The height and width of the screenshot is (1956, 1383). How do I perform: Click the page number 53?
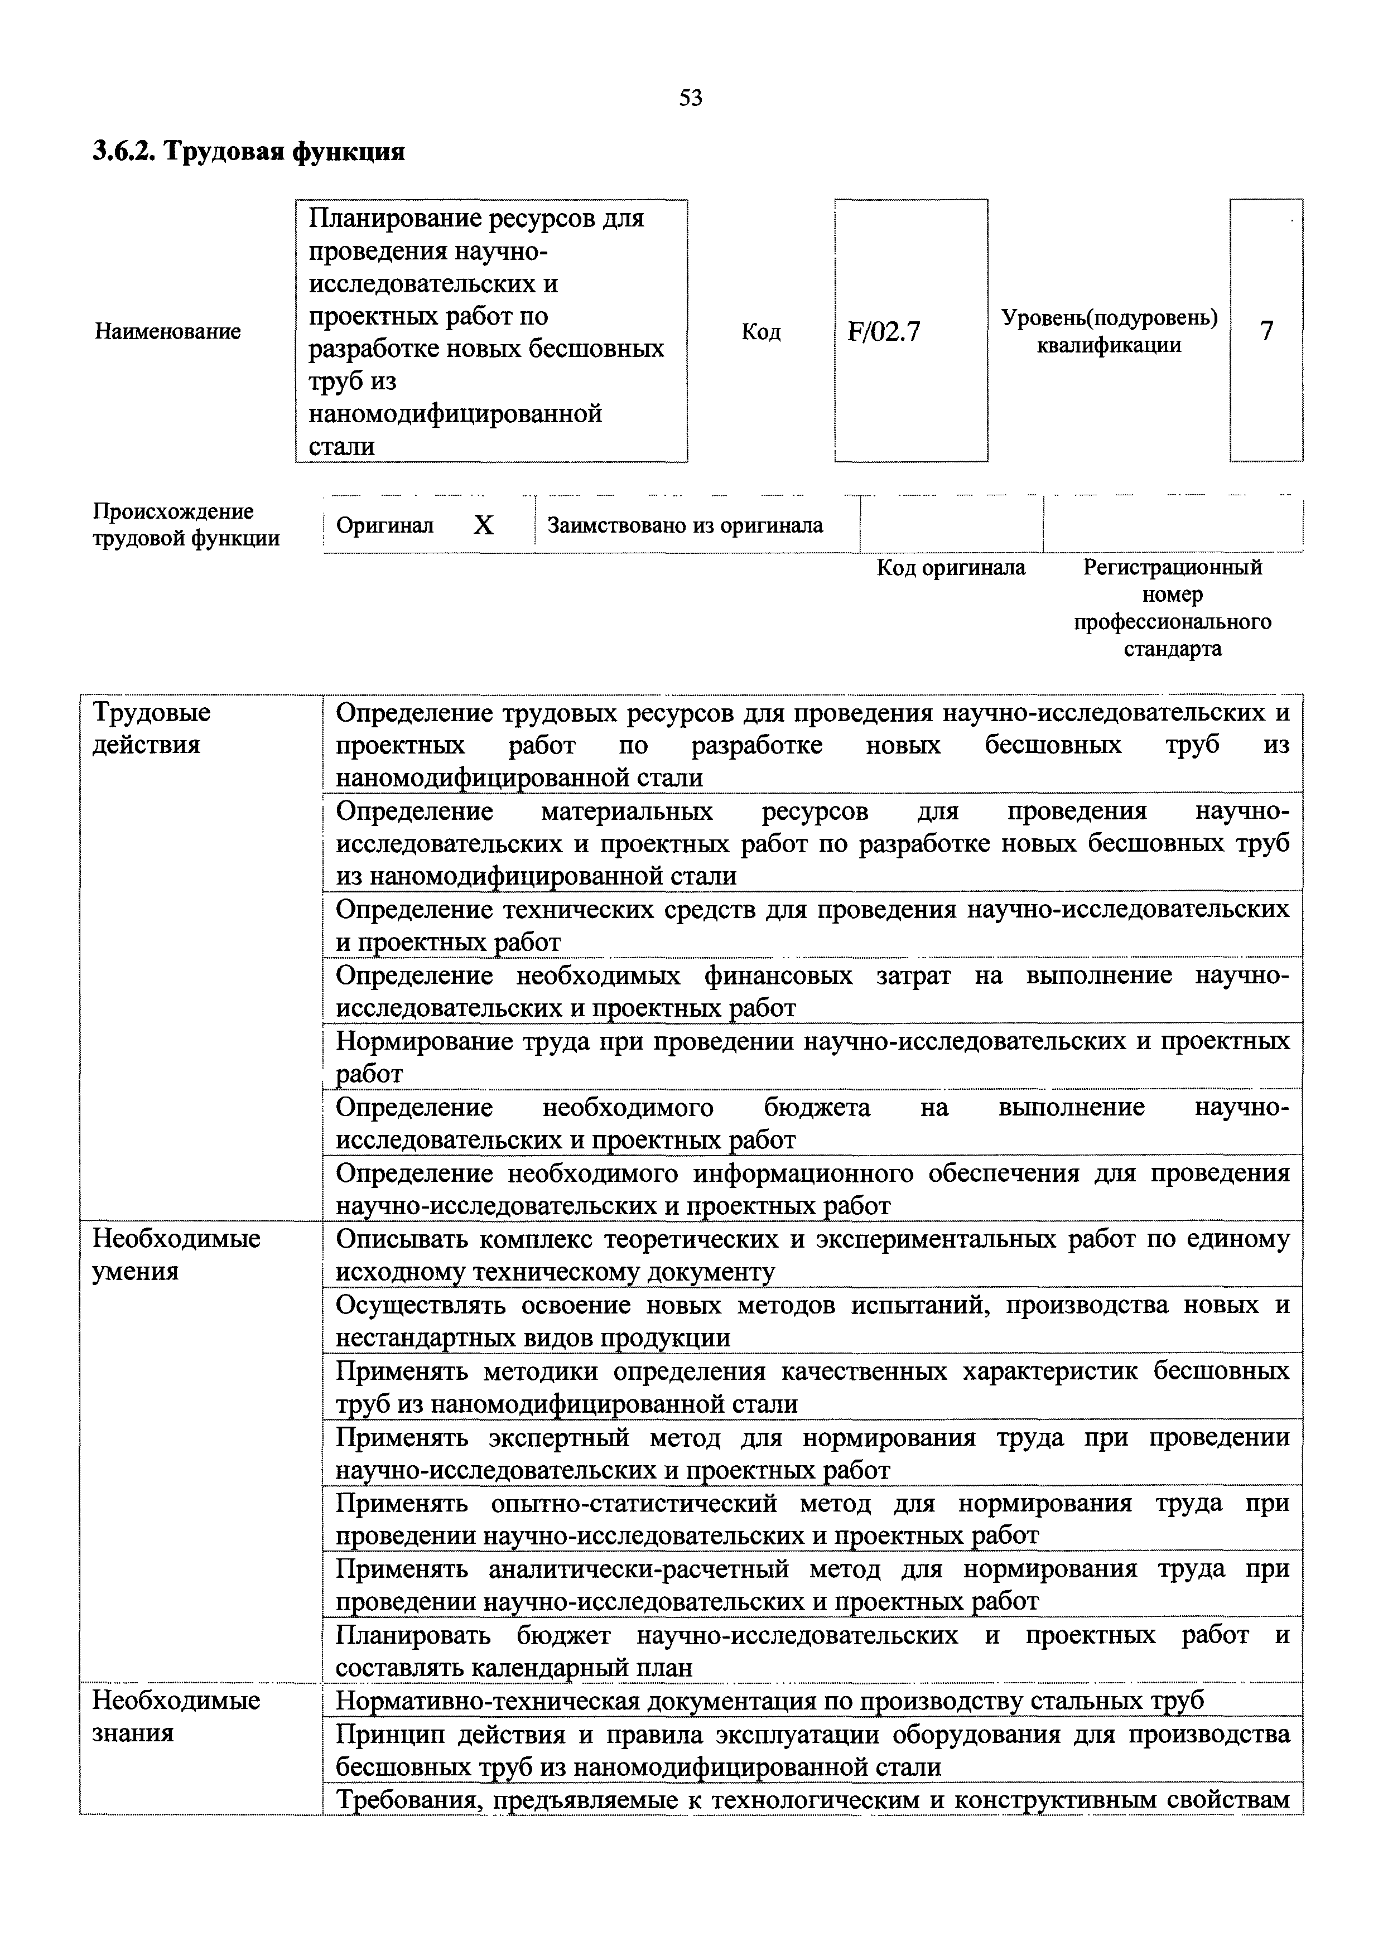click(x=691, y=98)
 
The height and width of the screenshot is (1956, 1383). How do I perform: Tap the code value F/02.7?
click(x=884, y=331)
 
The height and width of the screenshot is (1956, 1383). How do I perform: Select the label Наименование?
click(x=168, y=331)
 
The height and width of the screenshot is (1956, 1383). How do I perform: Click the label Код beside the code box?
click(x=761, y=331)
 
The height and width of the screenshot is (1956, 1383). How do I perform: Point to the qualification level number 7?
click(x=1266, y=331)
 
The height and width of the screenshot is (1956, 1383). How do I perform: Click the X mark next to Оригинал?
click(x=483, y=525)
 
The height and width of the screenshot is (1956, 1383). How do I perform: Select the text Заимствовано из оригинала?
click(x=685, y=525)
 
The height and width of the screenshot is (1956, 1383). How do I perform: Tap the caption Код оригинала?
click(x=951, y=567)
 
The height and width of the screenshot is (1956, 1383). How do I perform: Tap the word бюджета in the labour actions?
click(x=816, y=1108)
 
